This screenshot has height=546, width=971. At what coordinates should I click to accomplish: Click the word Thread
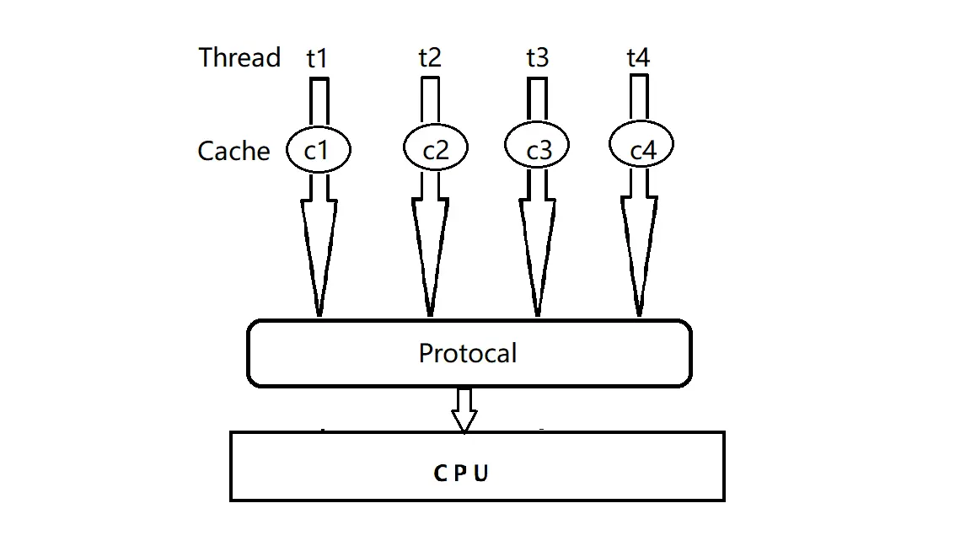(239, 58)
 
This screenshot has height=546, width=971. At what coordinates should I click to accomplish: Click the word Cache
(233, 151)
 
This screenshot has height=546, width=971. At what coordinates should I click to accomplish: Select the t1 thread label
(317, 58)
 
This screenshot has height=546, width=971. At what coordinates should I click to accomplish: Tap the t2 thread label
(429, 57)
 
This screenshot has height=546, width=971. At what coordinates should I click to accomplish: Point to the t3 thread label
(537, 57)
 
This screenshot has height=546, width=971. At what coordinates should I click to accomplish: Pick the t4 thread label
(638, 57)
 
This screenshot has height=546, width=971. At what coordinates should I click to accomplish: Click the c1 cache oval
(317, 150)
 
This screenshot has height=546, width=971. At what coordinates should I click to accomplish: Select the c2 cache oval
(435, 150)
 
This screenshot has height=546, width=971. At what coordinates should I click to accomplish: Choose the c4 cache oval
(642, 148)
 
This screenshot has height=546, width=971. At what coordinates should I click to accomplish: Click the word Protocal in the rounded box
(468, 353)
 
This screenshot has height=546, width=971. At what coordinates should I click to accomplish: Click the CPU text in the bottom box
(461, 474)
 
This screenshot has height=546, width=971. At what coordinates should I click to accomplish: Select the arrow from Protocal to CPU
(464, 409)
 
